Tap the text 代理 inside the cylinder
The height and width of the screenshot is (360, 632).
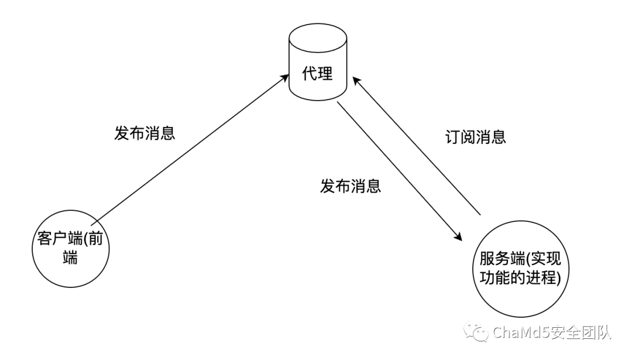318,75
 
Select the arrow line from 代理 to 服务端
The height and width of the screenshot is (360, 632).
398,170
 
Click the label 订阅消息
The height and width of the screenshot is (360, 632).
473,137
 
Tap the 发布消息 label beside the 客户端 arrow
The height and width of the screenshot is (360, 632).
145,132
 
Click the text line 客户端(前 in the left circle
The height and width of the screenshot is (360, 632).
71,240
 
